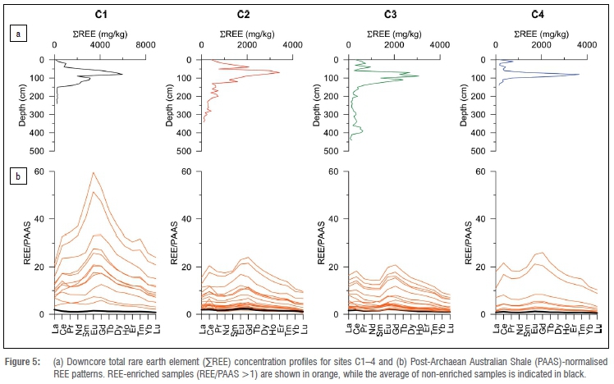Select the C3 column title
pos(393,13)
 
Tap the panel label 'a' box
pos(14,34)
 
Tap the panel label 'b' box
pos(14,176)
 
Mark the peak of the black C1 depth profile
pos(122,75)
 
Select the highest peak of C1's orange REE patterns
pos(94,172)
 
